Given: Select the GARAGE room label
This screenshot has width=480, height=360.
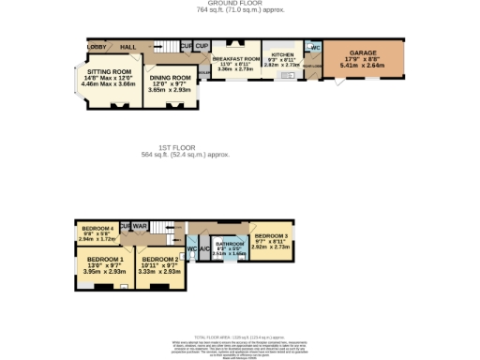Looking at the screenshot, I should pyautogui.click(x=362, y=53).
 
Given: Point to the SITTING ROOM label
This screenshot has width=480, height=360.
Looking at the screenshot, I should pyautogui.click(x=108, y=72).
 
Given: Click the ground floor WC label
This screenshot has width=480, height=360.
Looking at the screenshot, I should pyautogui.click(x=315, y=48).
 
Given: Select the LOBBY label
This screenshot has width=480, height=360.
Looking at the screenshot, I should pyautogui.click(x=96, y=46).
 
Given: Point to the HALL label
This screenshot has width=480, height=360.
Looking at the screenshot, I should pyautogui.click(x=128, y=46).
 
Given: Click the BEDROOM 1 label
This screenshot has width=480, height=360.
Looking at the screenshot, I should pyautogui.click(x=104, y=259).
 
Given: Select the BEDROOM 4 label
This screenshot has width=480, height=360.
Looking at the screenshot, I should pyautogui.click(x=97, y=229).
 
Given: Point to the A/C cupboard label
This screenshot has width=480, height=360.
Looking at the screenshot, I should pyautogui.click(x=204, y=248).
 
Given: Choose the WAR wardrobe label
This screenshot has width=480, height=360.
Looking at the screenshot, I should pyautogui.click(x=141, y=226).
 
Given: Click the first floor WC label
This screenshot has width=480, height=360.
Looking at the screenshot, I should pyautogui.click(x=192, y=248).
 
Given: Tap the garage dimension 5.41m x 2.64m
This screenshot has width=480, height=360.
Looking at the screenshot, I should pyautogui.click(x=362, y=67).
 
